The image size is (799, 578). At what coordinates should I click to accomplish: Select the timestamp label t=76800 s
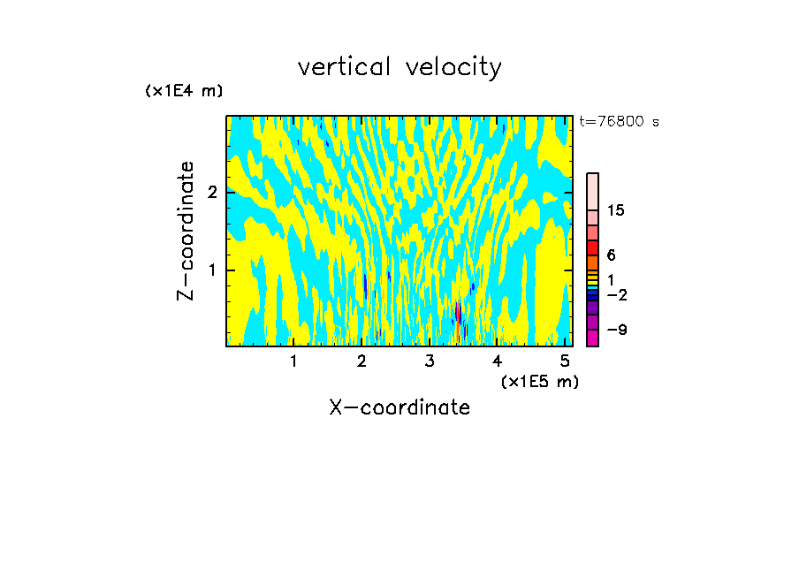619,122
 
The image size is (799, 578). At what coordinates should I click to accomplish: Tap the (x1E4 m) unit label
184,91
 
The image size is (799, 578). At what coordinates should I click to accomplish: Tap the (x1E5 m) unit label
540,381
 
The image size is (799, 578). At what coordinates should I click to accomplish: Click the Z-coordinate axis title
186,231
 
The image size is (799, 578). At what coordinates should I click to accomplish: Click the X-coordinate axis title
399,407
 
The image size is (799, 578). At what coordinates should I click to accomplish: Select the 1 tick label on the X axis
293,361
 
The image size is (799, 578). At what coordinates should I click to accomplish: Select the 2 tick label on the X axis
361,361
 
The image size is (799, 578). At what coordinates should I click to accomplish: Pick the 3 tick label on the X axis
430,361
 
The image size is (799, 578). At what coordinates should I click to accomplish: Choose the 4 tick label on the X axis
498,361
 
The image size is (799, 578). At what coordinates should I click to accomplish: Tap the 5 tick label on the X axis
565,361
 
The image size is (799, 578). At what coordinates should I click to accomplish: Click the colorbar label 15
616,210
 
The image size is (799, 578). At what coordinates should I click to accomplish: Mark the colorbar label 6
611,255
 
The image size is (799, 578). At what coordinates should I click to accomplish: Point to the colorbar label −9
616,330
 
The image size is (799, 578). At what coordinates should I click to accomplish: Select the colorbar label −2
616,294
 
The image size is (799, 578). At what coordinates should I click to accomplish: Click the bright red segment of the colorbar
593,247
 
